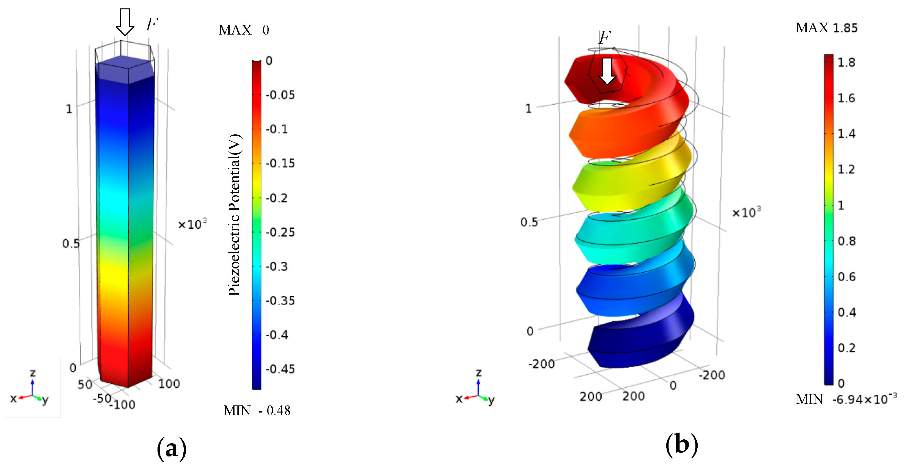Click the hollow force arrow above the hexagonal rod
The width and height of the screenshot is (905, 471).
pyautogui.click(x=125, y=22)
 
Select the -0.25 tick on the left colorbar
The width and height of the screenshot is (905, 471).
pyautogui.click(x=280, y=232)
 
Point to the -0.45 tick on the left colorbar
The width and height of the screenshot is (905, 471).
pyautogui.click(x=280, y=369)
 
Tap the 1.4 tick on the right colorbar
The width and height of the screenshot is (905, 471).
pyautogui.click(x=846, y=134)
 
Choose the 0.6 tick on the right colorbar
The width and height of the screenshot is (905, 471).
pyautogui.click(x=846, y=277)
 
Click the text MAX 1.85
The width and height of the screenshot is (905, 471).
pyautogui.click(x=826, y=28)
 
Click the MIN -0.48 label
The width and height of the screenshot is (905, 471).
pyautogui.click(x=257, y=410)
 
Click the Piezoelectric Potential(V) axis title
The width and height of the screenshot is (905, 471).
pyautogui.click(x=234, y=215)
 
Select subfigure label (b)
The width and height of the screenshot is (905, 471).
pyautogui.click(x=681, y=445)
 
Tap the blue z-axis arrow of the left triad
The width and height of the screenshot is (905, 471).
pyautogui.click(x=32, y=386)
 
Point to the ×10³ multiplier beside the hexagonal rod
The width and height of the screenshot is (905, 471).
pyautogui.click(x=192, y=224)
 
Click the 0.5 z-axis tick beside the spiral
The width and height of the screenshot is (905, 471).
pyautogui.click(x=529, y=222)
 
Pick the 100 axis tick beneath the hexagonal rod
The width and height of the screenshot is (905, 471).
pyautogui.click(x=169, y=383)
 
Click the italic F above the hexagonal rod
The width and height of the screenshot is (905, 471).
pyautogui.click(x=152, y=25)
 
